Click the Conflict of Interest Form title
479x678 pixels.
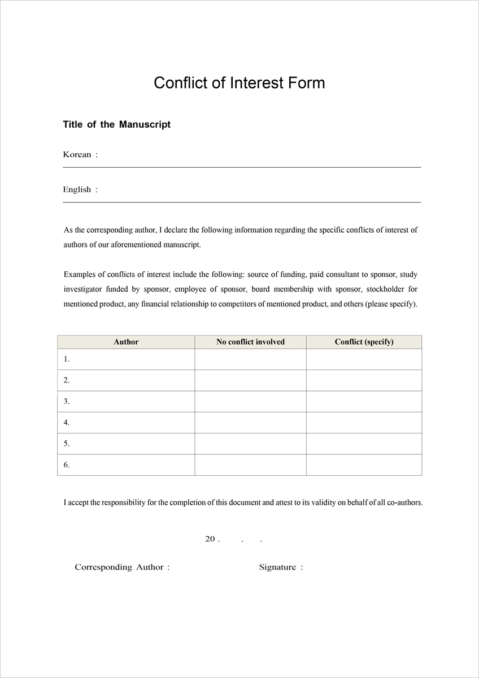point(239,83)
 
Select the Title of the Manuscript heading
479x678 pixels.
point(116,124)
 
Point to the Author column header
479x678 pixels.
point(126,342)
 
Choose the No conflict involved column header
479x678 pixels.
point(250,342)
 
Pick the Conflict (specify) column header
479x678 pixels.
point(364,342)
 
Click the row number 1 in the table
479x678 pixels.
point(67,359)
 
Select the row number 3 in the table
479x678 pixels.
point(67,402)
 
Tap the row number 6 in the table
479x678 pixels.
point(67,465)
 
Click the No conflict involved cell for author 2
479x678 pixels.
point(250,380)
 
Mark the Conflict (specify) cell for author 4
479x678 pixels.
point(364,423)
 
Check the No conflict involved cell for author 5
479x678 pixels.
point(250,444)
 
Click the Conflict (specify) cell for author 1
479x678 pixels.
point(364,359)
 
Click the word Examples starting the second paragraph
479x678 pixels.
point(80,275)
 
